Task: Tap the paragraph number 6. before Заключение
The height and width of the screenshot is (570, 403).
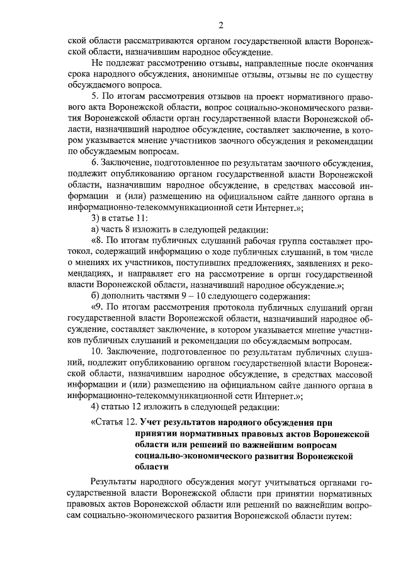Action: click(96, 166)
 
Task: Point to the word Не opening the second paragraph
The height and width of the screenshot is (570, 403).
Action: click(98, 64)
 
